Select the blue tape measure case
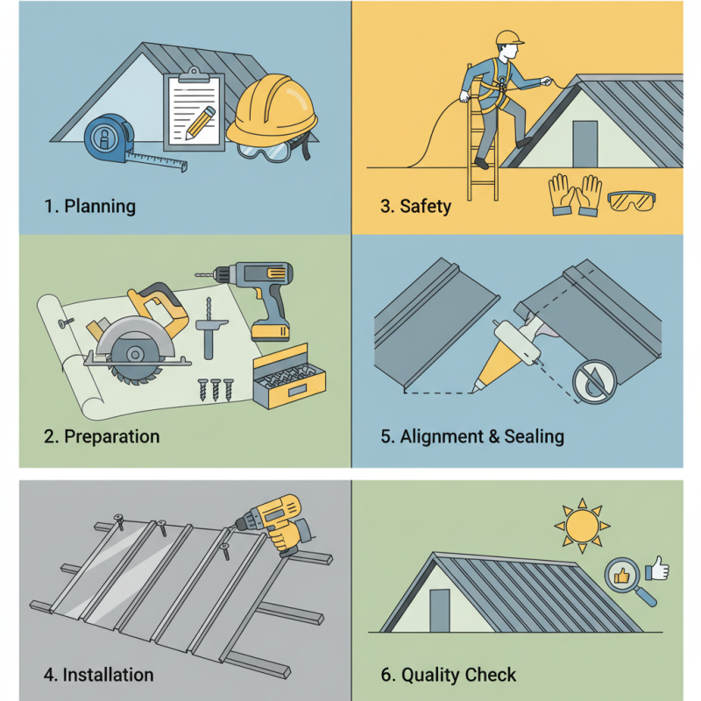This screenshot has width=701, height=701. [107, 140]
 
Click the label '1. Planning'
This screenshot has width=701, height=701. [89, 207]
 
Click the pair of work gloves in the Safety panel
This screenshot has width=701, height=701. [575, 195]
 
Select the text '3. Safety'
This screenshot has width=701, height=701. [416, 207]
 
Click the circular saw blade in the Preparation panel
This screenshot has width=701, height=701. [131, 353]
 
